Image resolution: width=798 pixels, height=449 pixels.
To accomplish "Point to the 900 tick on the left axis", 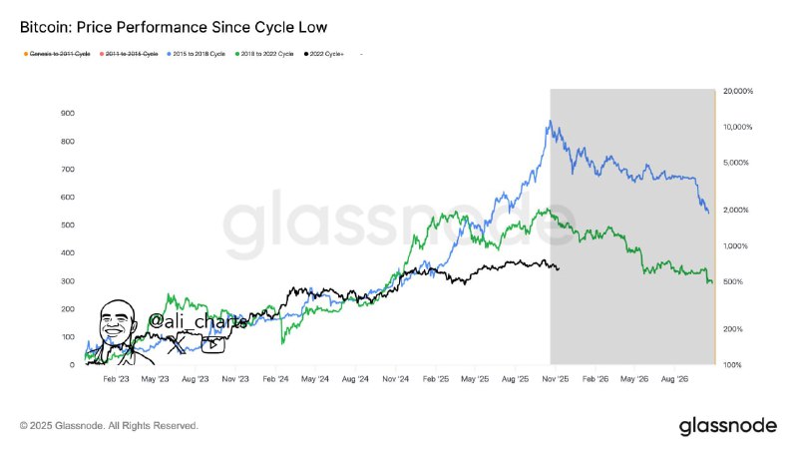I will [x=68, y=113].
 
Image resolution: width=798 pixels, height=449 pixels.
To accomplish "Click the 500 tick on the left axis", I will [x=68, y=225].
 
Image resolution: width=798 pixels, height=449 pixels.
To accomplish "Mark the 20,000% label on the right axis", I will [x=737, y=92].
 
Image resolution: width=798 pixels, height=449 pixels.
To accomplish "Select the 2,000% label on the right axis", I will [x=737, y=210].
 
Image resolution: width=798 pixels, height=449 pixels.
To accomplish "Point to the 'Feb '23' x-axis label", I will [x=116, y=380].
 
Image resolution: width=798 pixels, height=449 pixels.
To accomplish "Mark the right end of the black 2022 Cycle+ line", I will [x=558, y=268].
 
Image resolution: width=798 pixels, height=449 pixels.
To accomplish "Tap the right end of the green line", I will [x=711, y=283].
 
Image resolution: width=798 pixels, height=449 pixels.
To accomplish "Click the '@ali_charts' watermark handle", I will [x=198, y=321].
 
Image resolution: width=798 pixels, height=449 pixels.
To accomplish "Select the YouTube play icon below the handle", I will [x=213, y=345].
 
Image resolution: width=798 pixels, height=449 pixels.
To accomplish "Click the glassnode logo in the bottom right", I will [x=727, y=426].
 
